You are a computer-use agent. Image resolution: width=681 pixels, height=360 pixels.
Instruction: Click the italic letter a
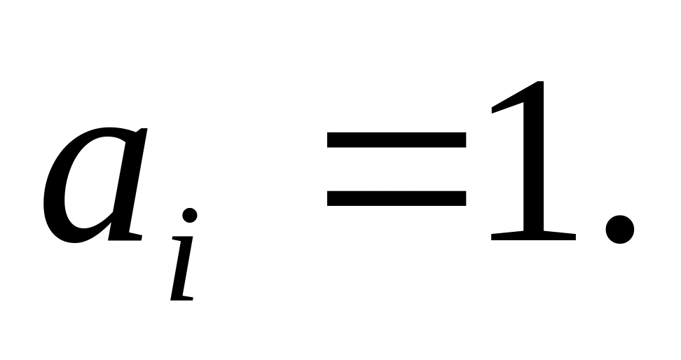(95, 186)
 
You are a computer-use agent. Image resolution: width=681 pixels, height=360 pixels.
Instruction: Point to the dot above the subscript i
(190, 215)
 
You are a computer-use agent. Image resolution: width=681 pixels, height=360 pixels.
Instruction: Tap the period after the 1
(619, 226)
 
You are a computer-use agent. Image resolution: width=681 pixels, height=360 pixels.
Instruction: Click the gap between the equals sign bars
(396, 169)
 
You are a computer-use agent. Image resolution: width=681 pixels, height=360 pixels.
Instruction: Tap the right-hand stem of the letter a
(133, 182)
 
